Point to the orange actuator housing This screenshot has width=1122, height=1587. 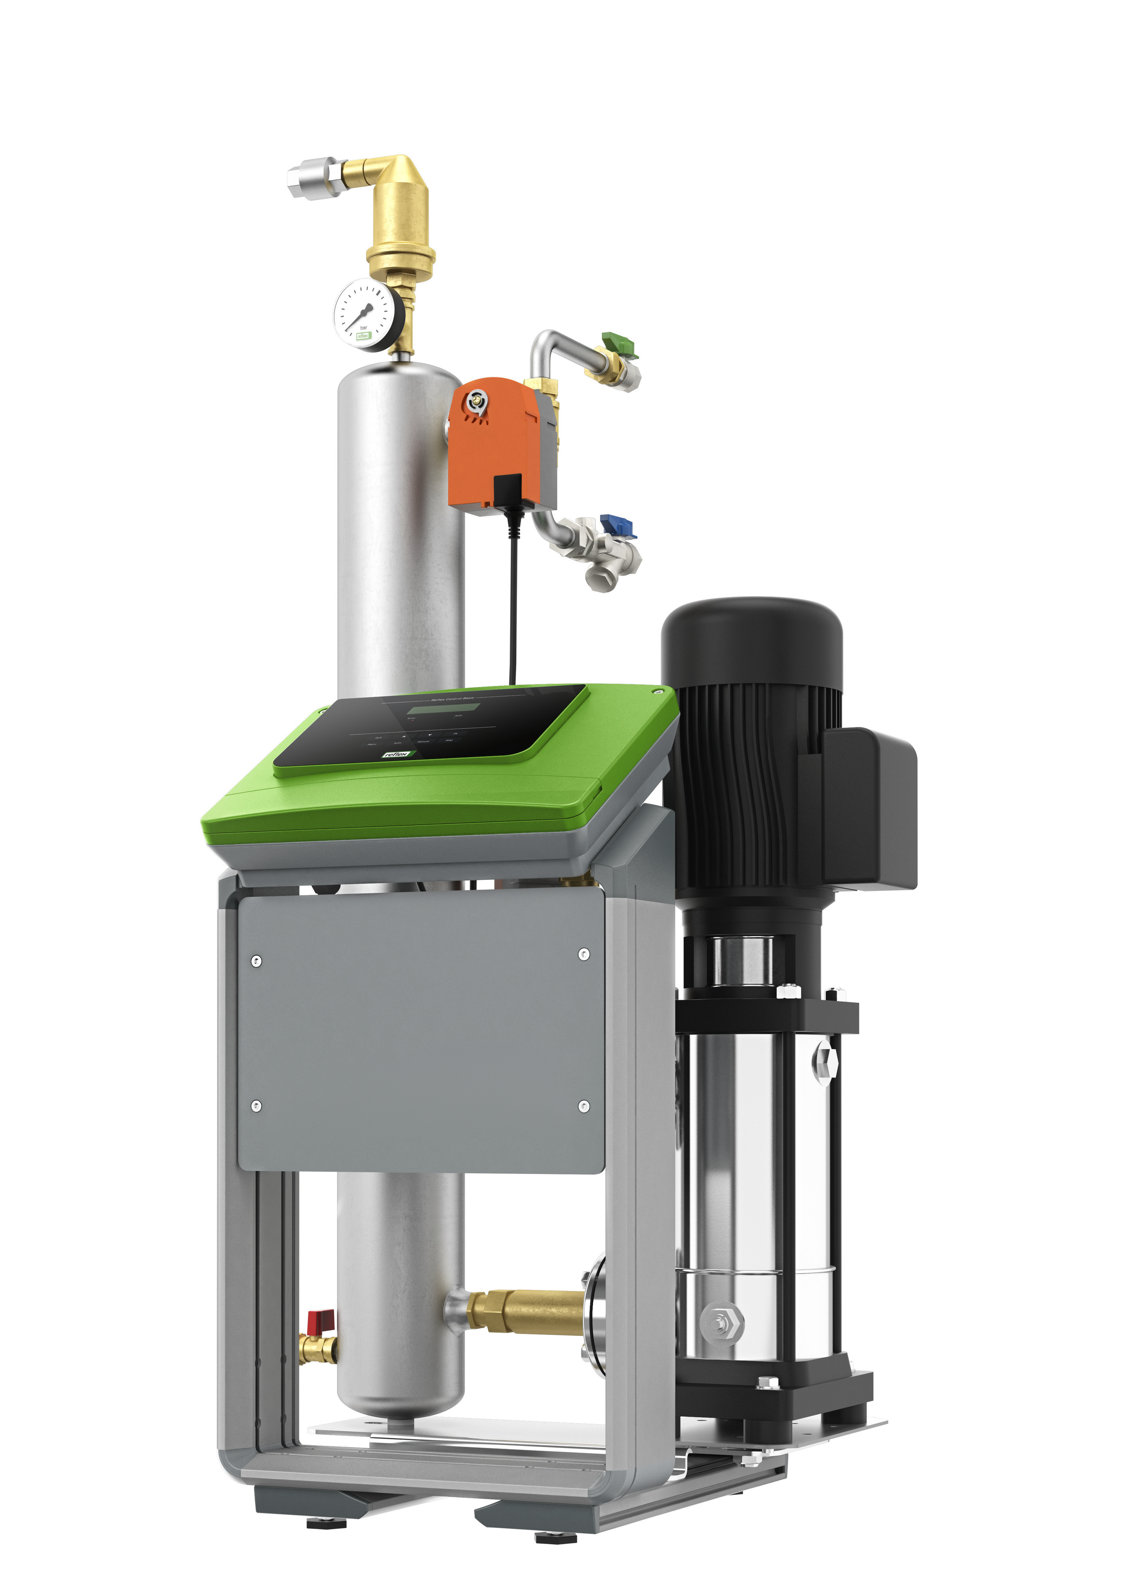pyautogui.click(x=491, y=442)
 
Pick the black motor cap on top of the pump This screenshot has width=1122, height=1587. pyautogui.click(x=752, y=636)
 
